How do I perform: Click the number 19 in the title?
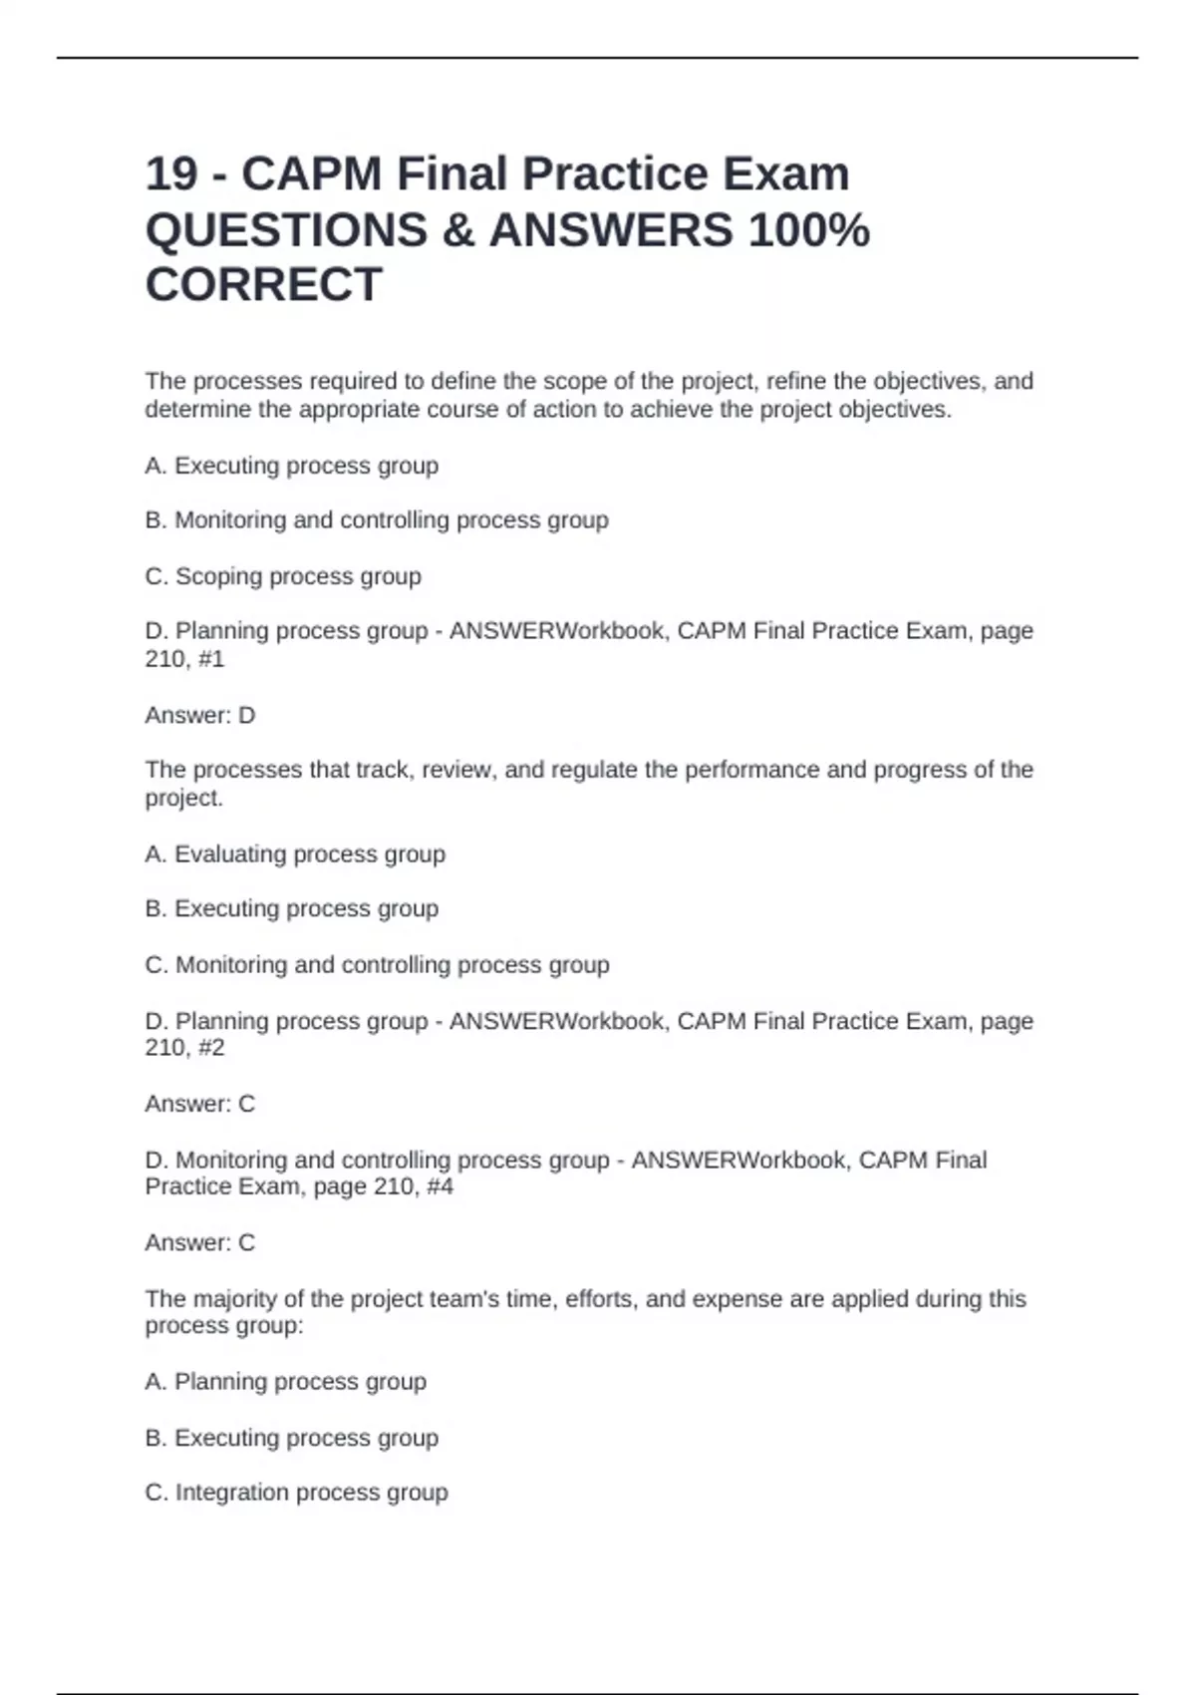pyautogui.click(x=172, y=174)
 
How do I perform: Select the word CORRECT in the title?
pyautogui.click(x=263, y=285)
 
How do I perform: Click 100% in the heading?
pyautogui.click(x=808, y=230)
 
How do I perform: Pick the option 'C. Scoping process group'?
pyautogui.click(x=283, y=576)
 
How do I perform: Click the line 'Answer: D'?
pyautogui.click(x=200, y=715)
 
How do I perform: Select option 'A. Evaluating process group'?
pyautogui.click(x=295, y=853)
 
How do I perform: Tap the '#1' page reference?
pyautogui.click(x=211, y=659)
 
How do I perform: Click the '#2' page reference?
pyautogui.click(x=211, y=1048)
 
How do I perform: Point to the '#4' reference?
pyautogui.click(x=440, y=1186)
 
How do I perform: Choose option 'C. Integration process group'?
pyautogui.click(x=296, y=1493)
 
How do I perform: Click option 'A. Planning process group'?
pyautogui.click(x=285, y=1382)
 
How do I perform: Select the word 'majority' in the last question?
pyautogui.click(x=235, y=1299)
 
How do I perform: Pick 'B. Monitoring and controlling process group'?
pyautogui.click(x=377, y=520)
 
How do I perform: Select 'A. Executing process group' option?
pyautogui.click(x=291, y=466)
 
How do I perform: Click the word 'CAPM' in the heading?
pyautogui.click(x=311, y=174)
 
